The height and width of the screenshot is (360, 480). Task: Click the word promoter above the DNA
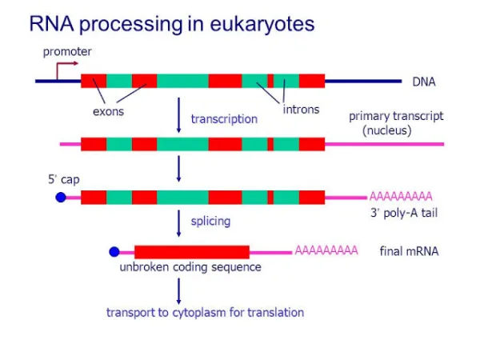pos(67,52)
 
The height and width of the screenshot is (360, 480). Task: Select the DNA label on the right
pos(424,82)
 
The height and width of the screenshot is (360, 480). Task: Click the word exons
pos(108,111)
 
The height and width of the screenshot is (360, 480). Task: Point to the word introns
pos(301,110)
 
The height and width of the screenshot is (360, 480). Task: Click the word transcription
pos(224,119)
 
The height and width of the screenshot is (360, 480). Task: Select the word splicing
pos(210,221)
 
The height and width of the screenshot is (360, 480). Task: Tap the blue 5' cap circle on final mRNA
pos(114,252)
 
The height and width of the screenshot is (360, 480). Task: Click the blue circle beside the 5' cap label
pos(61,197)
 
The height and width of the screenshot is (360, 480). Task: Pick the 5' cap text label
pos(64,179)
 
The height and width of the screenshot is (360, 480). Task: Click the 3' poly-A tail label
pos(404,213)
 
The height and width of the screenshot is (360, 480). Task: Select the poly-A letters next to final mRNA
pos(326,250)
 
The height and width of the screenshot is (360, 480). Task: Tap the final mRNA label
pos(409,251)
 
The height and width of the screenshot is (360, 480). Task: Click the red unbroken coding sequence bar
pos(192,252)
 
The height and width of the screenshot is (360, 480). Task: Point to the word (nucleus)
pos(387,130)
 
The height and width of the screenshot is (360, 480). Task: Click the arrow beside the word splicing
pos(178,223)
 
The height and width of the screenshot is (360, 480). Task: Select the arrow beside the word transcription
pos(178,115)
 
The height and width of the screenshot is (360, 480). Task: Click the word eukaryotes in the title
pos(262,24)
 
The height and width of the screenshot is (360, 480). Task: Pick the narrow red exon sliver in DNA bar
pos(270,81)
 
